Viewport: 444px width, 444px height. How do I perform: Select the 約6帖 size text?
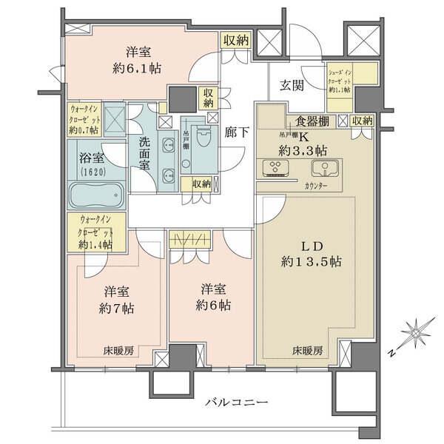[x=213, y=305]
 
